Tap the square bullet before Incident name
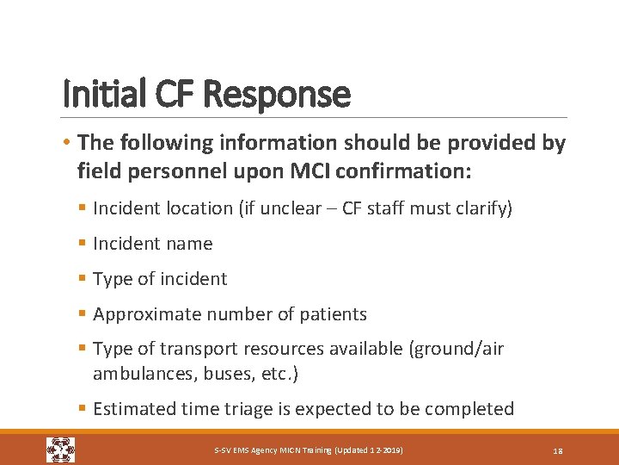click(83, 244)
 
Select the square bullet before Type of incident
click(83, 279)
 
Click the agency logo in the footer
click(61, 449)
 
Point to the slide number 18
click(558, 450)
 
